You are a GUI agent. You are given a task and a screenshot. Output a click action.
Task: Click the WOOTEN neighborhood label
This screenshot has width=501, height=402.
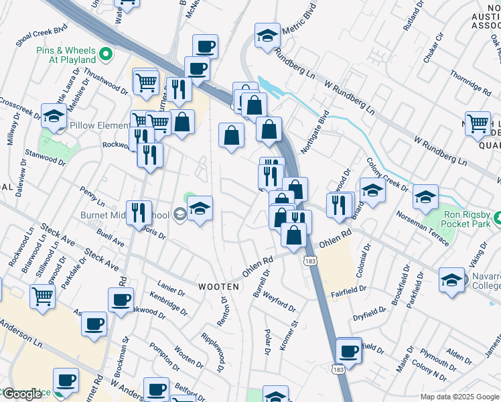[x=218, y=286]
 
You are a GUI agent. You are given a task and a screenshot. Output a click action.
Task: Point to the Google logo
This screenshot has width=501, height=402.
[x=21, y=394]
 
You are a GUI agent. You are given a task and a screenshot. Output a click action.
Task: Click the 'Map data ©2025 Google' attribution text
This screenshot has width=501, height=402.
[x=459, y=397]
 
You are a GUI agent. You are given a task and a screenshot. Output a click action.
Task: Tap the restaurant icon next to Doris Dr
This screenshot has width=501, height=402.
[x=139, y=212]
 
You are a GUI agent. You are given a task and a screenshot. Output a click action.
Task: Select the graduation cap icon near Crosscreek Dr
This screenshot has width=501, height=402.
[x=54, y=115]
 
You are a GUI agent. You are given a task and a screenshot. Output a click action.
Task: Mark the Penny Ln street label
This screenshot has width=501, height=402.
[x=92, y=197]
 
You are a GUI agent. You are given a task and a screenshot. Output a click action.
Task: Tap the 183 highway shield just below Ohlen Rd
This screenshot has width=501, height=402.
[x=309, y=259]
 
